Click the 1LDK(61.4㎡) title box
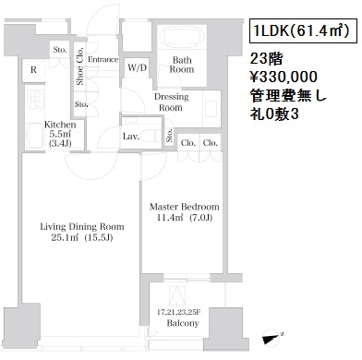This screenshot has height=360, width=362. pyautogui.click(x=299, y=31)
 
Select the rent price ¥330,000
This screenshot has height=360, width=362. pyautogui.click(x=284, y=77)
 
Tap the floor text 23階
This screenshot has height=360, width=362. pyautogui.click(x=266, y=58)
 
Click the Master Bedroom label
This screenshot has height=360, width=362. pyautogui.click(x=184, y=207)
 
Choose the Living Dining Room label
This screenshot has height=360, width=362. pyautogui.click(x=82, y=227)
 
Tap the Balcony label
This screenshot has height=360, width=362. pyautogui.click(x=183, y=323)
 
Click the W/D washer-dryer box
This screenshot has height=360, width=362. pyautogui.click(x=137, y=68)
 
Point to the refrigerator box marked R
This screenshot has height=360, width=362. pyautogui.click(x=33, y=70)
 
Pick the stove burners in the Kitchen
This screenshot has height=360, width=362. pyautogui.click(x=35, y=99)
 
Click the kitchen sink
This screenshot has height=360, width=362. pyautogui.click(x=35, y=136)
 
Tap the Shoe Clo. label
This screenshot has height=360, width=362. pyautogui.click(x=79, y=66)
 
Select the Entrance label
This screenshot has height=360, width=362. pyautogui.click(x=103, y=59)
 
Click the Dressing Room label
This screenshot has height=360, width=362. pyautogui.click(x=171, y=102)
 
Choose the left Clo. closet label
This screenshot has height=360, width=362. pyautogui.click(x=188, y=143)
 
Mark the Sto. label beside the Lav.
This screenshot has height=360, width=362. pyautogui.click(x=169, y=136)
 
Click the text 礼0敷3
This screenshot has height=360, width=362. pyautogui.click(x=274, y=114)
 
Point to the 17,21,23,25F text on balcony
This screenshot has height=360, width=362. pyautogui.click(x=179, y=312)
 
